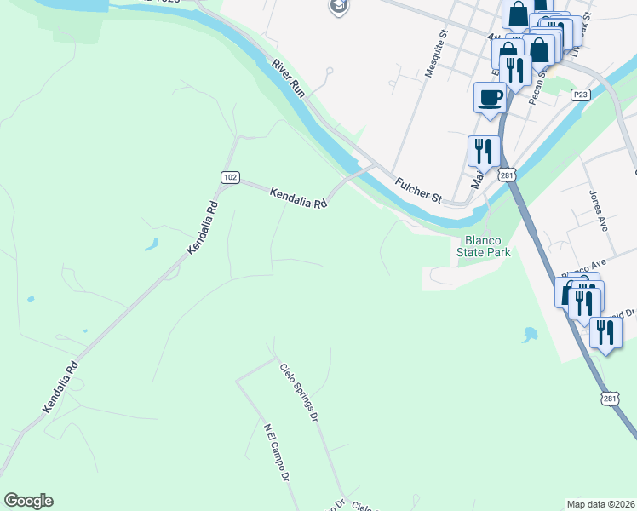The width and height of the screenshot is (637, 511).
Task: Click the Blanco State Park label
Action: coord(483,246)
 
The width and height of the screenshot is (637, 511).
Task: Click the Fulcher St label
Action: coord(418,190)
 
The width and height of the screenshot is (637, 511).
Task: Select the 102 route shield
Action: coord(229,177)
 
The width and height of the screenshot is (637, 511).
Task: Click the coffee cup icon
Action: coord(490,97)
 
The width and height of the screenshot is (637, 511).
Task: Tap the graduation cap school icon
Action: coord(339,7)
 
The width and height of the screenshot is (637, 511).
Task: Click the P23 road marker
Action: coord(581,95)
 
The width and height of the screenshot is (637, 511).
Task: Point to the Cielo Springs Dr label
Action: coord(299,393)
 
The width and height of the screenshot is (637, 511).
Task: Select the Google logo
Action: coord(28,501)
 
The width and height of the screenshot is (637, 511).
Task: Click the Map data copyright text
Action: coord(600,504)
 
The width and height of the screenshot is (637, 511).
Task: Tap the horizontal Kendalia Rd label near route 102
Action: coord(299,198)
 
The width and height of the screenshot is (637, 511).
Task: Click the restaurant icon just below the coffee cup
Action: coord(483,152)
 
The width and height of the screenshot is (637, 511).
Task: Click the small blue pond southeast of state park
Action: coord(531,334)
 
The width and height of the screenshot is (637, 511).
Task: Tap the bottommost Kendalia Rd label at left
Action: coord(60,388)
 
